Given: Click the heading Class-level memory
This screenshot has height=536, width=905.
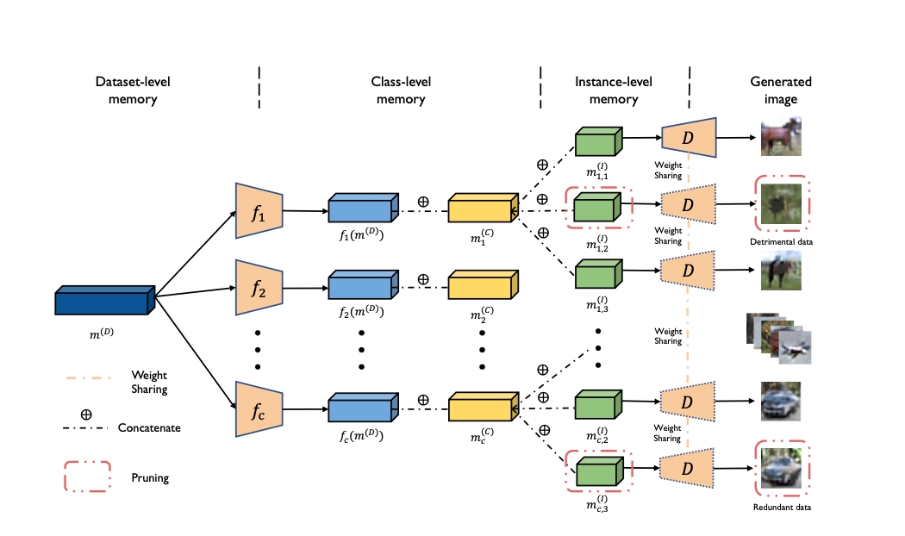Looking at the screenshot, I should [x=401, y=90].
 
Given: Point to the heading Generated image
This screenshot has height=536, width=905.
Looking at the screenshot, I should [x=781, y=90].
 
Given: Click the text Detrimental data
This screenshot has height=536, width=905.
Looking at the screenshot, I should [x=782, y=242].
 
